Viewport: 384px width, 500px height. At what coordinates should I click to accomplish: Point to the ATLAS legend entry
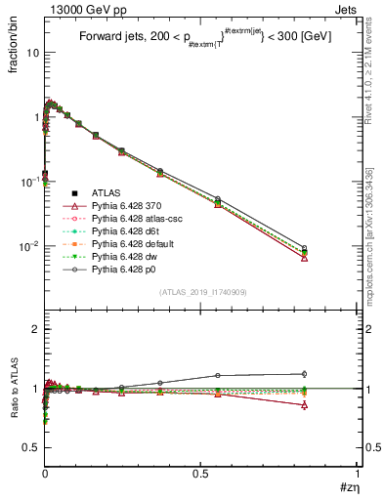(94, 193)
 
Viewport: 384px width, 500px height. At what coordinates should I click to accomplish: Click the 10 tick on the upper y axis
(33, 53)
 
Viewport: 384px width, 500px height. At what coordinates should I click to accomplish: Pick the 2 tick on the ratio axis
(36, 329)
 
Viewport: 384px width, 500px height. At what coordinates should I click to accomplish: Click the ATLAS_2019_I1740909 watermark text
(202, 293)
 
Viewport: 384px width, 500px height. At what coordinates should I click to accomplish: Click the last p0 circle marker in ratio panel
(305, 373)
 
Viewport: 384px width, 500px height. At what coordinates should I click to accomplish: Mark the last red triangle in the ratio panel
(305, 404)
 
